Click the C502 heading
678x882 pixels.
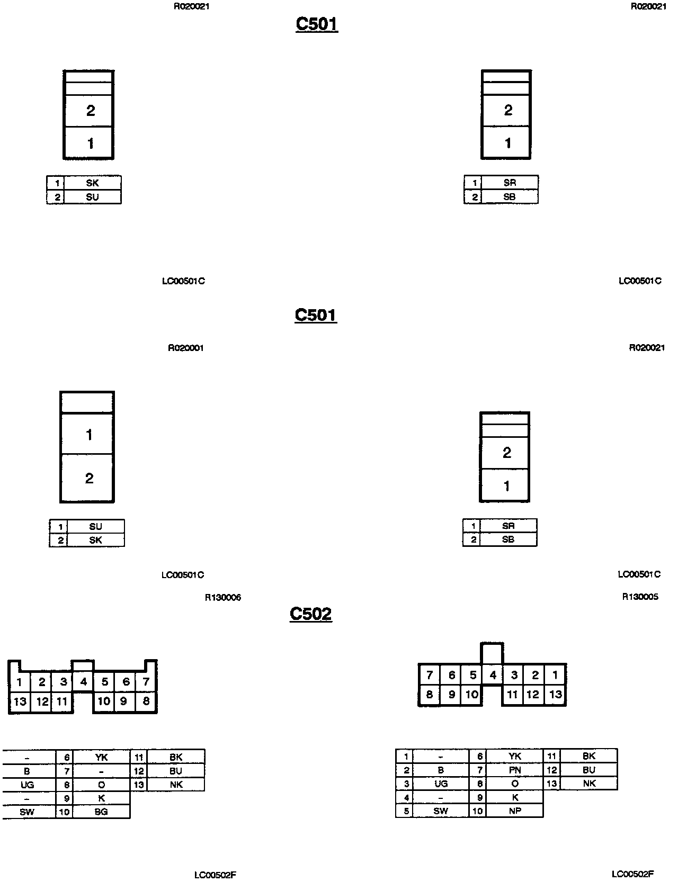tap(310, 614)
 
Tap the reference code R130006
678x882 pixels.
tap(223, 598)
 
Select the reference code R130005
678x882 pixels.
tap(640, 597)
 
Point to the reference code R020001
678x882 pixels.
tap(186, 348)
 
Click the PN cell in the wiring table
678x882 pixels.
tap(514, 770)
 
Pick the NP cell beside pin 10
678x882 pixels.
tap(514, 811)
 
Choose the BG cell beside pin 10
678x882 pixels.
tap(101, 812)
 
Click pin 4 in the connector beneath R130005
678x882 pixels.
tap(493, 675)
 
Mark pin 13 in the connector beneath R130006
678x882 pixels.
tap(20, 702)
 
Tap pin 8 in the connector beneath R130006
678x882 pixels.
tap(146, 702)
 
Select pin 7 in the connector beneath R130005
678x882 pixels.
tap(429, 675)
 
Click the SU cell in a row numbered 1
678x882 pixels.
tap(95, 526)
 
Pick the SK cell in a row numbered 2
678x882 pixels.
tap(95, 540)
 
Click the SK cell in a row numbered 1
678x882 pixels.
tap(92, 183)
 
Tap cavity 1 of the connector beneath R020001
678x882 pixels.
tap(88, 435)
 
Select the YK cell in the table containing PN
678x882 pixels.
tap(514, 757)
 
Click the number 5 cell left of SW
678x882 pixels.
tap(406, 811)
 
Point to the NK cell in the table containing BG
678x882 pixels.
tap(176, 785)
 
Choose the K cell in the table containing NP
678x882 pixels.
tap(514, 797)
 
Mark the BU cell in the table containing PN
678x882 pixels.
tap(588, 770)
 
